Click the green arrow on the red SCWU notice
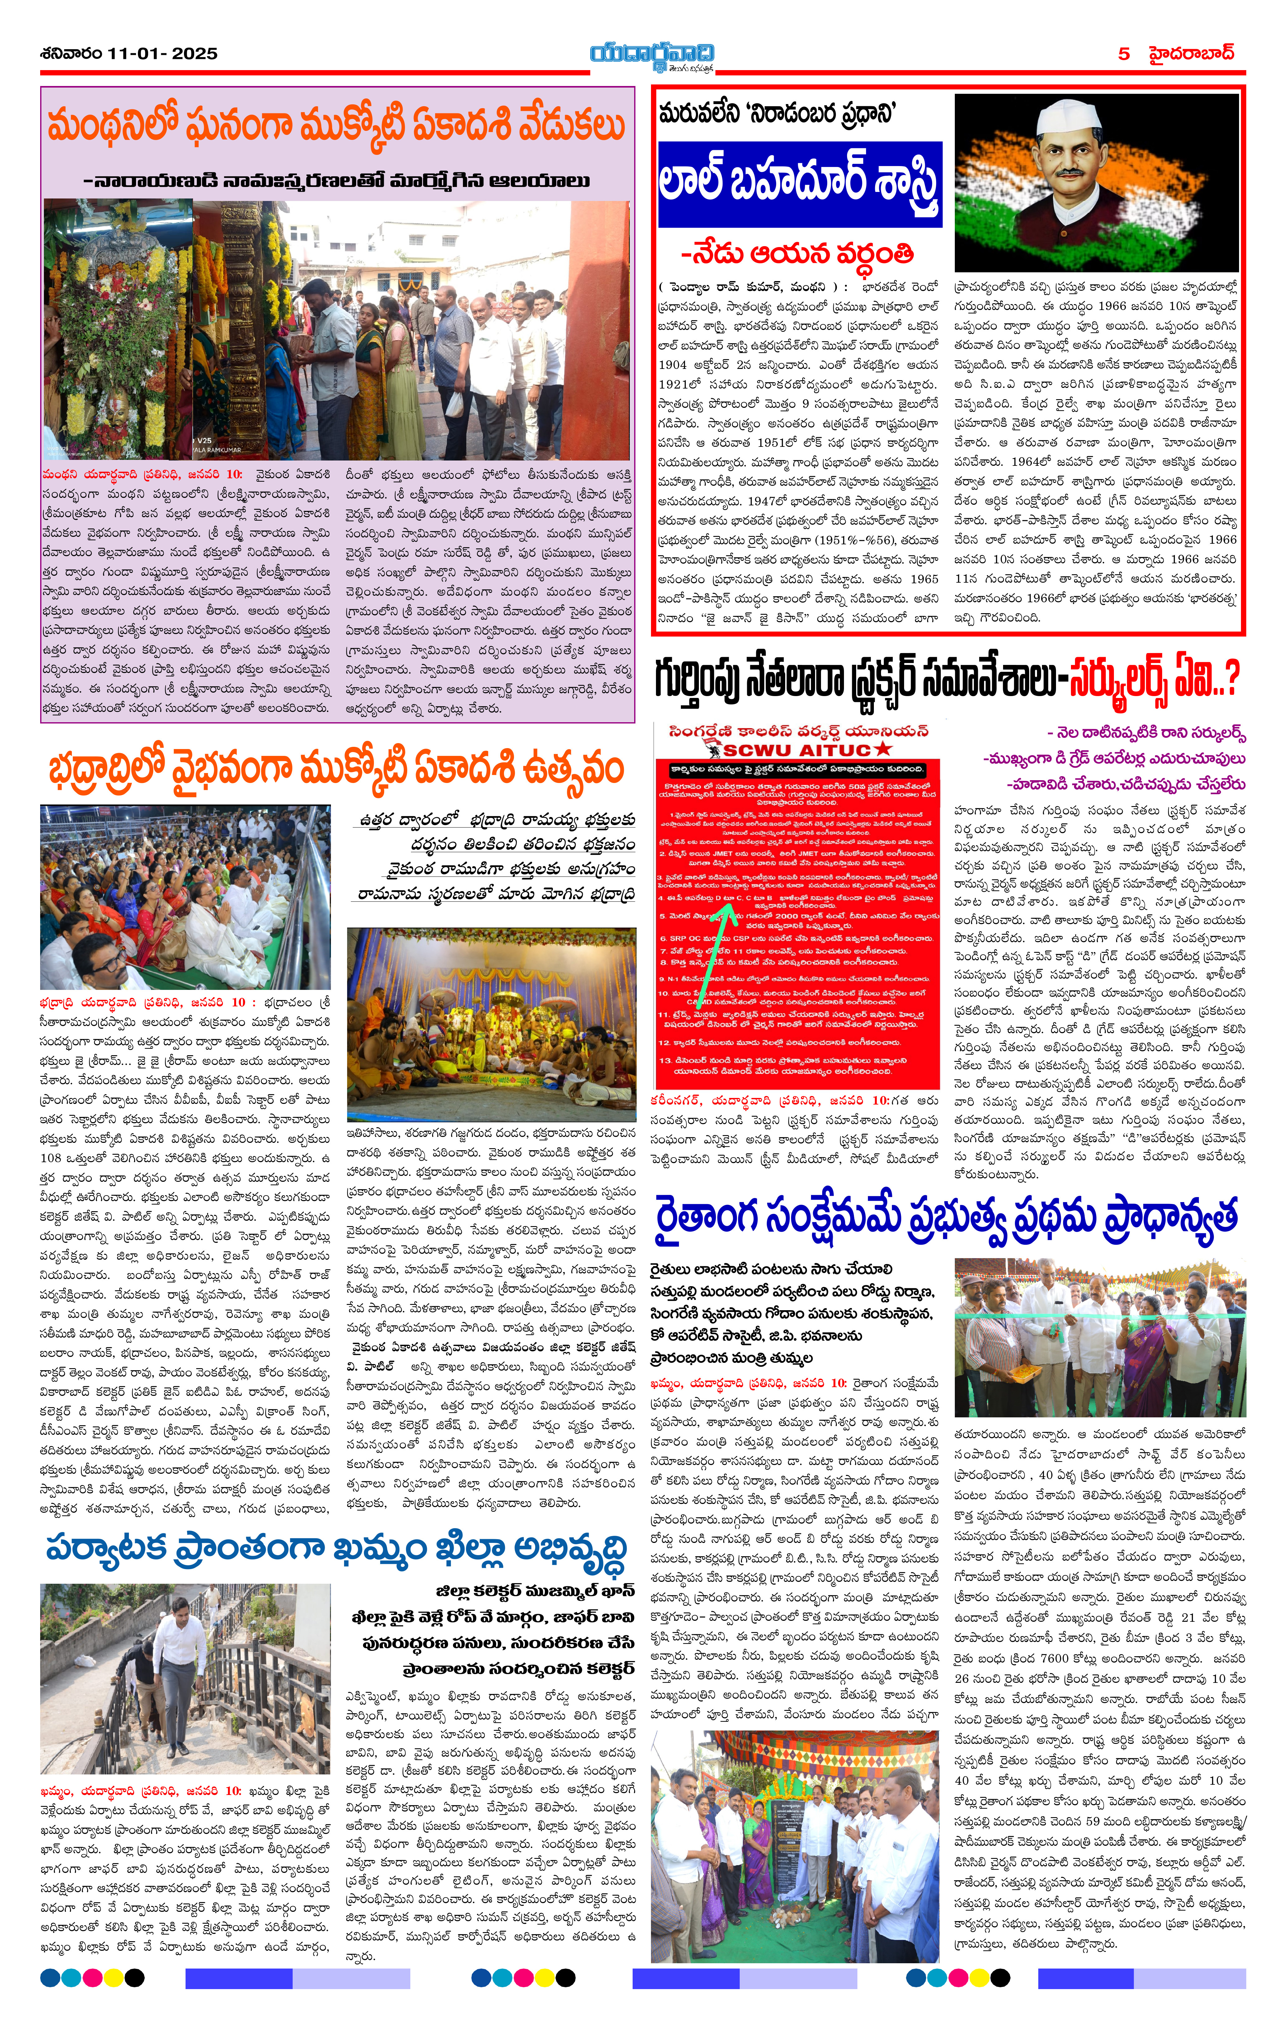[723, 933]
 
